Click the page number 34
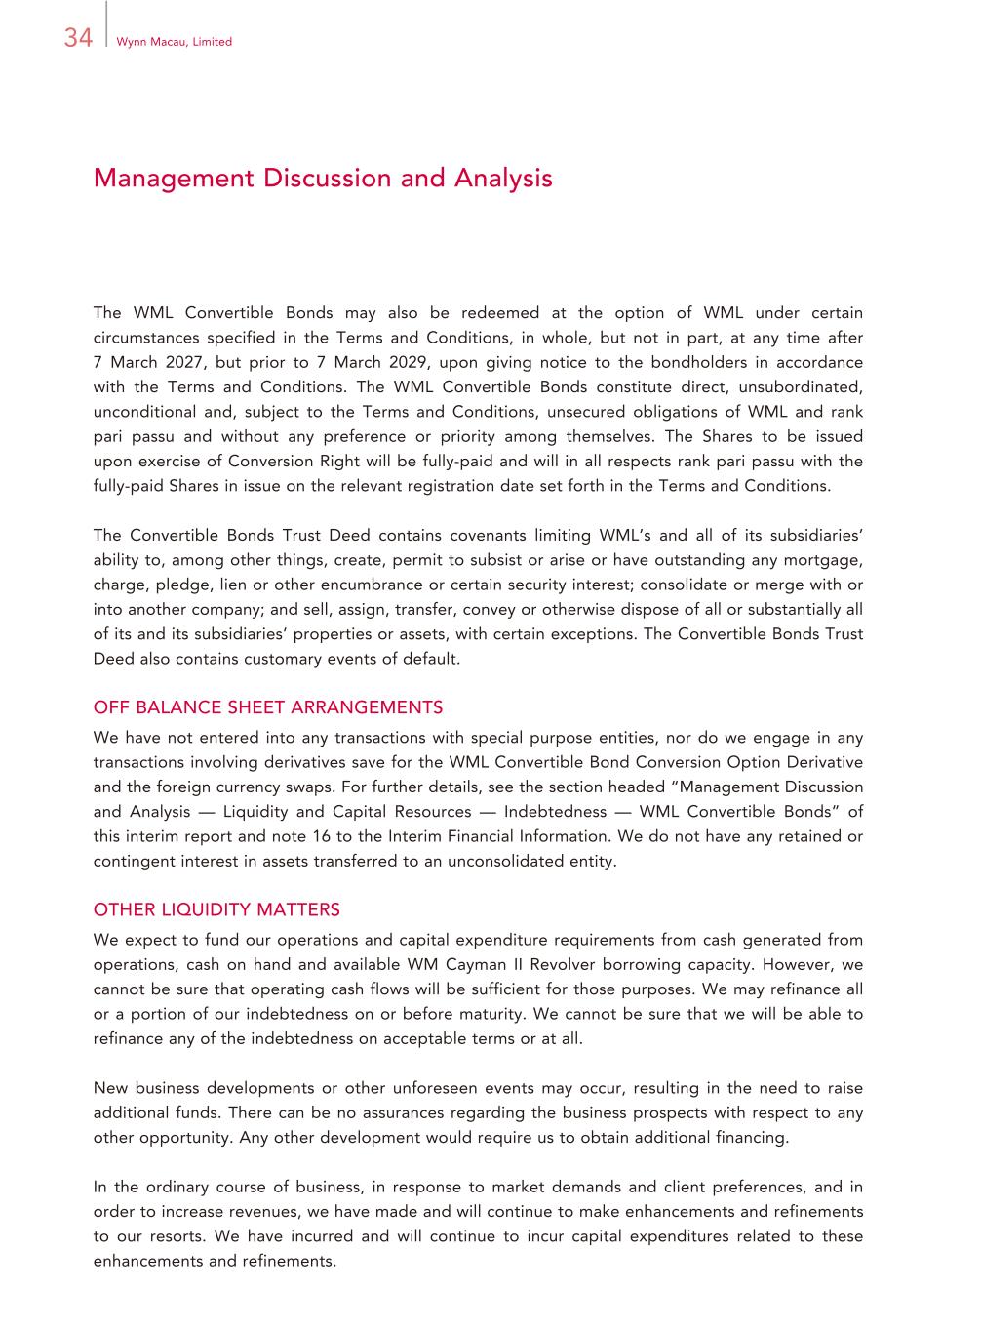(78, 37)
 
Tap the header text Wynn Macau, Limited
(174, 42)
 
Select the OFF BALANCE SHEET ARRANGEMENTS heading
(268, 707)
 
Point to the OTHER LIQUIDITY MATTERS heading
(216, 909)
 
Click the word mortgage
(826, 560)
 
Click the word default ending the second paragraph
(432, 659)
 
